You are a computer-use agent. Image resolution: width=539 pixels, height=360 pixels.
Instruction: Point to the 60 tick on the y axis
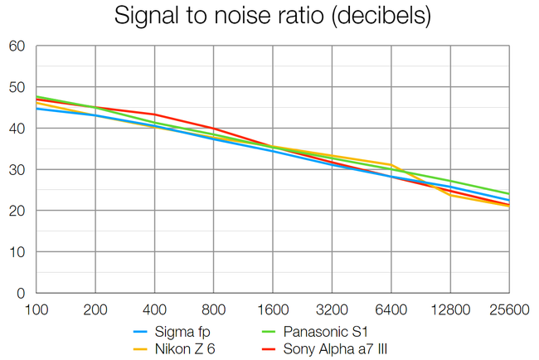point(17,46)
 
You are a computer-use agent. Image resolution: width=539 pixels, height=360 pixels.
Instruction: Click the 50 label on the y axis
point(17,88)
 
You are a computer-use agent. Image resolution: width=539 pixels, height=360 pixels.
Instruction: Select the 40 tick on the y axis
point(17,129)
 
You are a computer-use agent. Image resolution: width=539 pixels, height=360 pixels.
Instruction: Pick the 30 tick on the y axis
point(17,170)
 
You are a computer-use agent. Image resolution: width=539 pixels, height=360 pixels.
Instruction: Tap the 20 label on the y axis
point(17,211)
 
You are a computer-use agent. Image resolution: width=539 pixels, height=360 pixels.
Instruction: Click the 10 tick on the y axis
point(17,252)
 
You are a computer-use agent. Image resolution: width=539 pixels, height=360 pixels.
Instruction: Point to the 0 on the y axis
point(21,293)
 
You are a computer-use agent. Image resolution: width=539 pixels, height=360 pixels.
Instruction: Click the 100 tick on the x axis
point(37,309)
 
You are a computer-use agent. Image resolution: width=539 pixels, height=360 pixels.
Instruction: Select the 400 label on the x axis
point(155,309)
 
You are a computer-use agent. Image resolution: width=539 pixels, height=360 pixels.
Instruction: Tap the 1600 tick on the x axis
point(273,309)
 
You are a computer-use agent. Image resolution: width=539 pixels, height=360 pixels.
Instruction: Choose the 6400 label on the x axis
point(391,309)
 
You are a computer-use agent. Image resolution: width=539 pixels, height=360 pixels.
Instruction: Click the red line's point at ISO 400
point(155,114)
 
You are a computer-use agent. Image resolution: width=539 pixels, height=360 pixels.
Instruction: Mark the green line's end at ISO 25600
point(508,194)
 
